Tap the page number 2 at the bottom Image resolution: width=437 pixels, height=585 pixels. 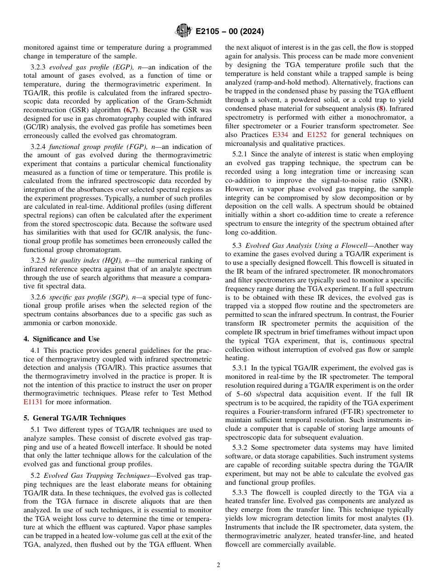tap(218, 565)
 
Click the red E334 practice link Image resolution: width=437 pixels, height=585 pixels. tap(280, 135)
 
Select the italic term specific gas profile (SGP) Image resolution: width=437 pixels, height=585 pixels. tap(86, 297)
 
